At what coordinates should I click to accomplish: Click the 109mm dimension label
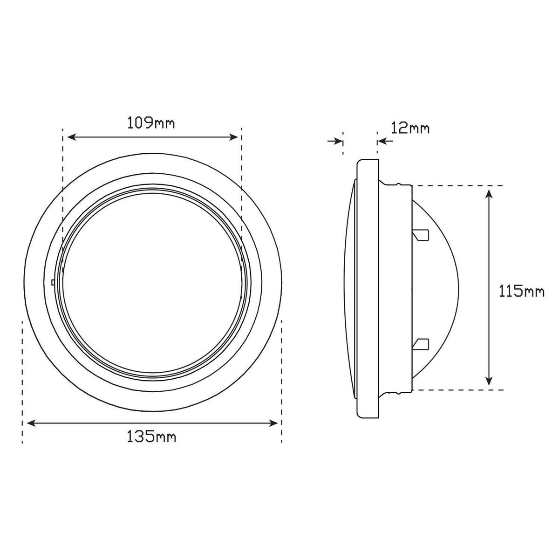151,123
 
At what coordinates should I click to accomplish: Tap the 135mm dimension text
151,444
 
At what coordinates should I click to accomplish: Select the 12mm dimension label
410,128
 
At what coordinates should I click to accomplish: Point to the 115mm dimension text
521,291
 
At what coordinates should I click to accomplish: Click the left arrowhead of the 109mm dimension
71,137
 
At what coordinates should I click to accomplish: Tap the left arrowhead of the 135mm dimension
31,423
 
